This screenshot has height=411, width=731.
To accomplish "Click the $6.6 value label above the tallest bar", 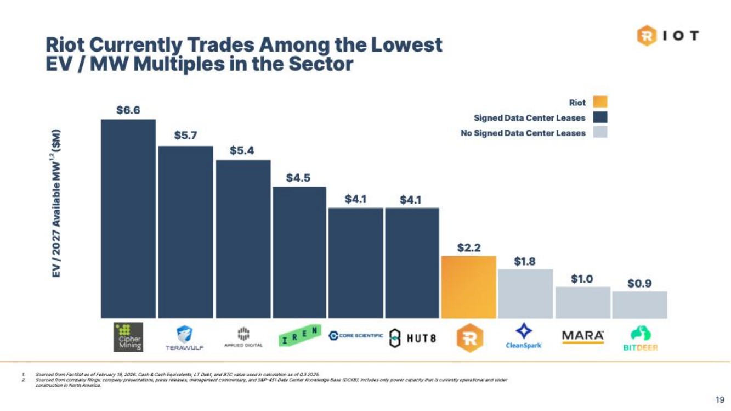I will click(128, 110).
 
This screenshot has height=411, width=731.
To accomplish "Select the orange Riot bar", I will click(469, 287).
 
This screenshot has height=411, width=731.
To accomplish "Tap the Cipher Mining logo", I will click(128, 337).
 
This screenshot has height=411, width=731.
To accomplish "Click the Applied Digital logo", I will click(243, 337).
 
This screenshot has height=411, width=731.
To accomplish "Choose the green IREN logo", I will click(299, 336).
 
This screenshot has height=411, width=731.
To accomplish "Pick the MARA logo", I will click(582, 335).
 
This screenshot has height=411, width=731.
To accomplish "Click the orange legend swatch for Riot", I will click(599, 102).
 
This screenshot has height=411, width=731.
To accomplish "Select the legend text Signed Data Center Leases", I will click(529, 118).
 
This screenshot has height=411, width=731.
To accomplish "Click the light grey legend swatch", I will click(599, 132).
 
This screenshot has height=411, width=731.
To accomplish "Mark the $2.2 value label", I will click(469, 247).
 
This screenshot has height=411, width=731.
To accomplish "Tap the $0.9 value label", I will click(639, 283).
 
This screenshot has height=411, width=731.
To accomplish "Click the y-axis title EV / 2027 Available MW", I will click(55, 203).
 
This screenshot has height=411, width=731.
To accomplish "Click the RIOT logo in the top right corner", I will click(667, 36).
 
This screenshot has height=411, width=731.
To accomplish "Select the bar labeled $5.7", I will click(185, 232).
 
